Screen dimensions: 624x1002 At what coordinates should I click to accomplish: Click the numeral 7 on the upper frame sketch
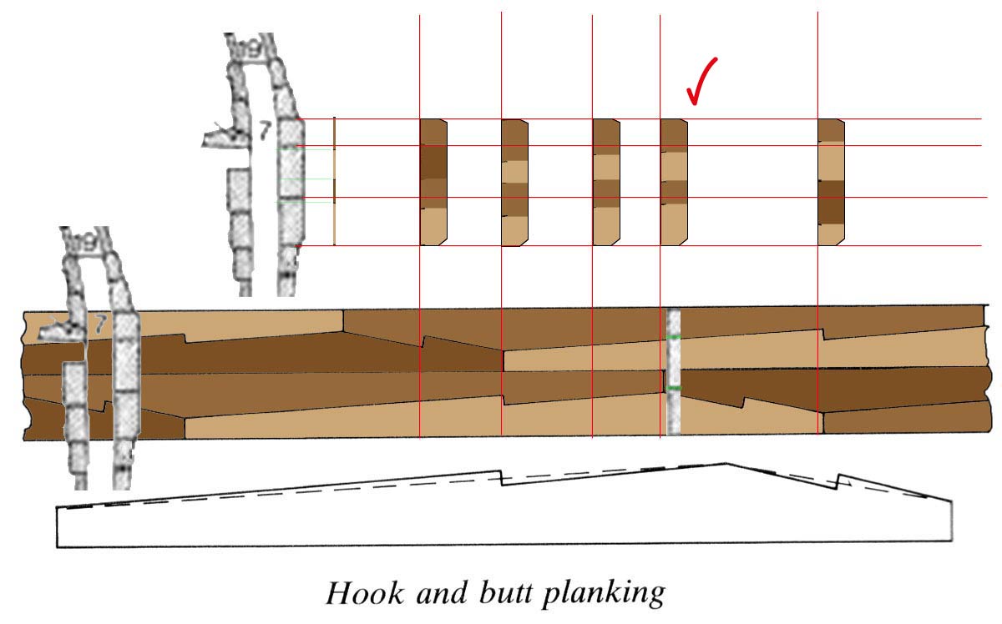[265, 130]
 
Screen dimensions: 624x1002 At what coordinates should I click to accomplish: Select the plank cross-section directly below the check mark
[674, 182]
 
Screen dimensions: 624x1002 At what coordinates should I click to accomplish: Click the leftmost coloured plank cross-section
[433, 182]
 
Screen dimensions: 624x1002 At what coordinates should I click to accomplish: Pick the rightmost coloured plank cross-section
[831, 182]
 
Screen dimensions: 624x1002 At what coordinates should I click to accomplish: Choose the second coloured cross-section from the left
[515, 182]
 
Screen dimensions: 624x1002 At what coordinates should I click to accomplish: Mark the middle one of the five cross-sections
[606, 182]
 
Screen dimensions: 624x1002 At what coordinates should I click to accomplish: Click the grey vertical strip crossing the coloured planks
[674, 372]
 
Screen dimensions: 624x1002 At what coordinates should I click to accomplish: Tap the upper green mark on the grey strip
[674, 336]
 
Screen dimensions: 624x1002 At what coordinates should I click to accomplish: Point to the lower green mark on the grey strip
[674, 389]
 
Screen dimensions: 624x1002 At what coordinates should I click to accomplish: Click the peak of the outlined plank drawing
[725, 464]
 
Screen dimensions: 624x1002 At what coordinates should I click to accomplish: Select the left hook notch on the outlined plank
[500, 477]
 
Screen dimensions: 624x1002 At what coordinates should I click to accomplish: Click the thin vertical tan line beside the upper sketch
[334, 182]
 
